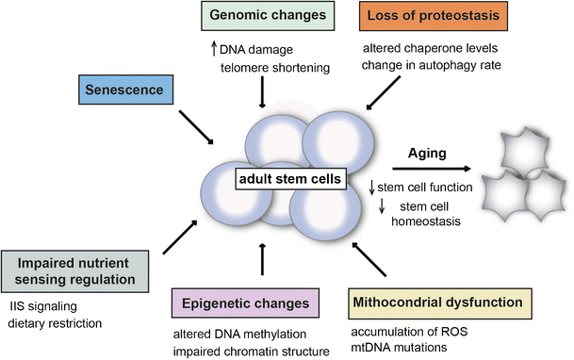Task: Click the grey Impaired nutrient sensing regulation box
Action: (75, 270)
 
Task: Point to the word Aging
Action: (426, 155)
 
